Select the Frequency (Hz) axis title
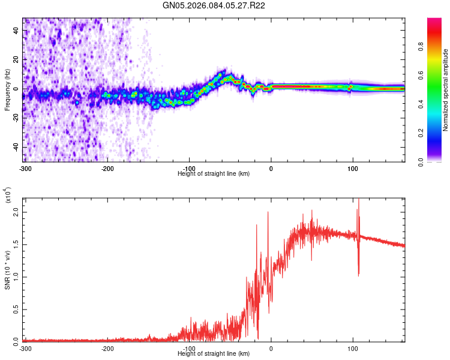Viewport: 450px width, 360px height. click(x=7, y=90)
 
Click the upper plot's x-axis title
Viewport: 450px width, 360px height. click(x=214, y=173)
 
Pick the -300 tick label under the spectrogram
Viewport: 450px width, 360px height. click(x=25, y=168)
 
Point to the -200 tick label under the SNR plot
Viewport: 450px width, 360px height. click(x=107, y=348)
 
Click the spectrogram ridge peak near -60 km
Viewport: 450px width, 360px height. click(x=223, y=76)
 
